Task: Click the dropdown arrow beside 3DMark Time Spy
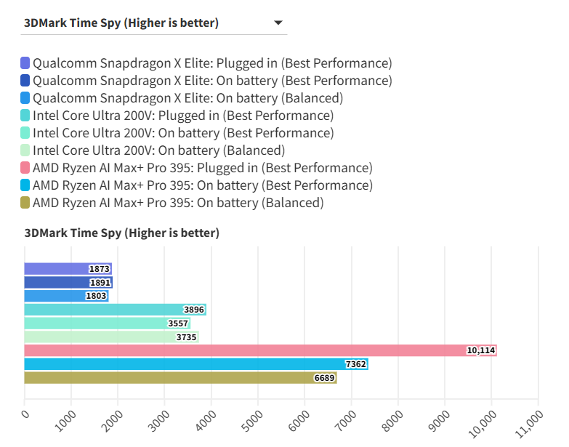click(x=278, y=23)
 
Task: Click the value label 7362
click(x=355, y=364)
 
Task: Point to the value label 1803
click(x=96, y=296)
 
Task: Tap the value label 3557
click(x=177, y=323)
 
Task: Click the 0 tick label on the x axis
click(x=26, y=414)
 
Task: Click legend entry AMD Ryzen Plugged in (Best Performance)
click(x=203, y=168)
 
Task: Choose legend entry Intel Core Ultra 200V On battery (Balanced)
click(x=158, y=150)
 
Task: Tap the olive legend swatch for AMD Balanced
click(x=25, y=203)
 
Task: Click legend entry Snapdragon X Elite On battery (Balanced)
click(x=187, y=98)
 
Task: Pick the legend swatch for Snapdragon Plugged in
click(x=25, y=63)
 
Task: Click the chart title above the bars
click(x=121, y=233)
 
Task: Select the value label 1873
click(x=99, y=269)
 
